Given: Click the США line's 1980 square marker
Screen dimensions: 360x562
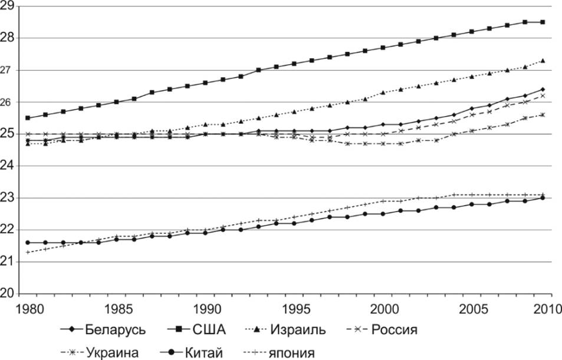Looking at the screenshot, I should point(28,118).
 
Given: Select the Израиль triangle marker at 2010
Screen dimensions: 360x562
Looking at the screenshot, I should point(543,60).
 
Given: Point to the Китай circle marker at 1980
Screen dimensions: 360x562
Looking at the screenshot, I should point(28,242).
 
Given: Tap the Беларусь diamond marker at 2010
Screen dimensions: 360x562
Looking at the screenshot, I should point(543,89).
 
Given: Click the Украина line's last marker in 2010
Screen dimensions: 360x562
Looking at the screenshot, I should point(543,115).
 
